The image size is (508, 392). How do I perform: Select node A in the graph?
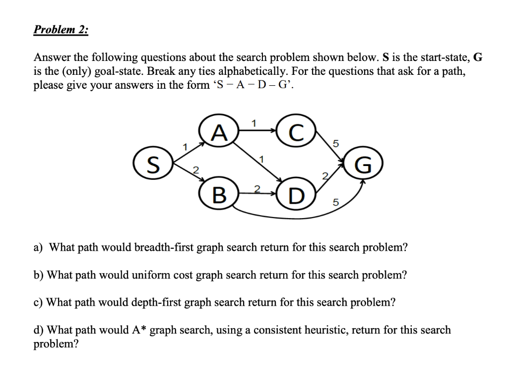(218, 132)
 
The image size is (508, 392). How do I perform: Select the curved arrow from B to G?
(298, 214)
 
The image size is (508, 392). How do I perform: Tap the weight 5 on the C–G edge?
(336, 144)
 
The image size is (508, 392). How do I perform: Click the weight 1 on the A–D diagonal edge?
(261, 159)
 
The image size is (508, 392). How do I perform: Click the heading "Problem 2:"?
(61, 29)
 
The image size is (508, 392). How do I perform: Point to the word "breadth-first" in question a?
(152, 247)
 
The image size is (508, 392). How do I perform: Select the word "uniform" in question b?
(148, 275)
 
